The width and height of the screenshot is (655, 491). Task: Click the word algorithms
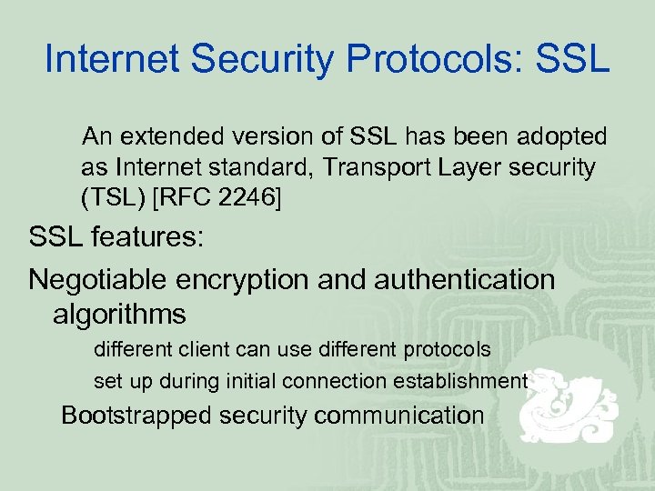point(119,315)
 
